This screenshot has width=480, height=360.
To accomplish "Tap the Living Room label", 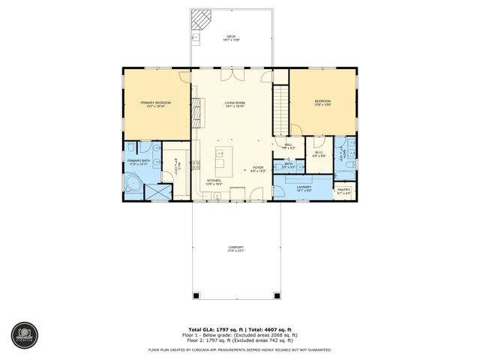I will click(235, 103).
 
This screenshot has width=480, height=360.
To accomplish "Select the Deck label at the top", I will click(232, 38).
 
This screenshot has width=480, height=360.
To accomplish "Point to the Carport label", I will click(235, 249).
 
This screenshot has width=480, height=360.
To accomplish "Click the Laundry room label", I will click(304, 188).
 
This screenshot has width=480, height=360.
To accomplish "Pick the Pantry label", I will click(343, 191).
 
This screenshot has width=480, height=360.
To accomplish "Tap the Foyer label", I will click(258, 169).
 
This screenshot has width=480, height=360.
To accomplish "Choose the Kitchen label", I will click(214, 181).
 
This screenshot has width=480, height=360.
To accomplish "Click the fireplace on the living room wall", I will click(196, 113).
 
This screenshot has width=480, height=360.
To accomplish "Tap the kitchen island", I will click(221, 162).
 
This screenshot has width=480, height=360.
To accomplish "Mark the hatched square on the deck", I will click(200, 18).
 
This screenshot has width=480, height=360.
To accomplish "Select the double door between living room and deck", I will click(229, 72).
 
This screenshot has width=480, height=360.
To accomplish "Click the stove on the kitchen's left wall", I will click(196, 165).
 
